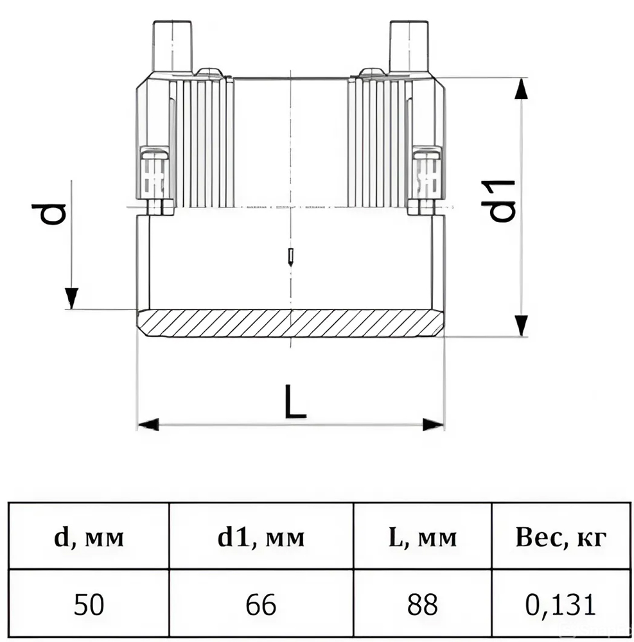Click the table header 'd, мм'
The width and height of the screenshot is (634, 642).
pos(89,537)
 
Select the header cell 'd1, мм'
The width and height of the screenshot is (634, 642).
pos(261,537)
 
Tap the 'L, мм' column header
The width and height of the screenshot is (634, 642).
pos(422,537)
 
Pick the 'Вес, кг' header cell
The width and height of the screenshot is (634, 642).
pos(561,537)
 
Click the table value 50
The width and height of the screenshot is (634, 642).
pos(89,604)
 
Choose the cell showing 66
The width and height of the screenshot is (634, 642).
pos(261,604)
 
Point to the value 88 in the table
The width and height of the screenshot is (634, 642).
pos(422,604)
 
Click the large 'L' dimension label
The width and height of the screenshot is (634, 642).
pos(295,401)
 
